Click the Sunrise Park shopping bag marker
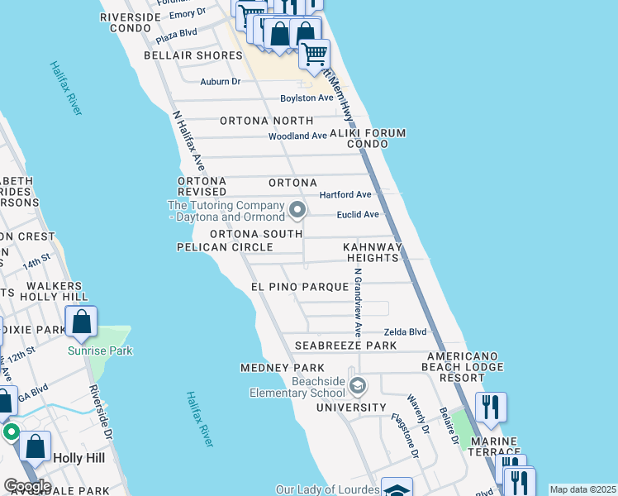[x=82, y=321]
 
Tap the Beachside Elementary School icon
[x=358, y=385]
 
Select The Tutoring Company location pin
[x=297, y=211]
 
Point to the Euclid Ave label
[x=358, y=214]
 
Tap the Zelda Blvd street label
[x=406, y=331]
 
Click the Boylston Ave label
[x=306, y=98]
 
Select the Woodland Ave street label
[x=297, y=136]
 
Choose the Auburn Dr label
[x=220, y=81]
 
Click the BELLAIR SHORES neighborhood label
[x=193, y=55]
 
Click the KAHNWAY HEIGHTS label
[x=372, y=252]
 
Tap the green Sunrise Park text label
[x=100, y=351]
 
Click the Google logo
[x=26, y=486]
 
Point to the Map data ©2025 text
[x=582, y=489]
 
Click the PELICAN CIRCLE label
[x=225, y=247]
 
